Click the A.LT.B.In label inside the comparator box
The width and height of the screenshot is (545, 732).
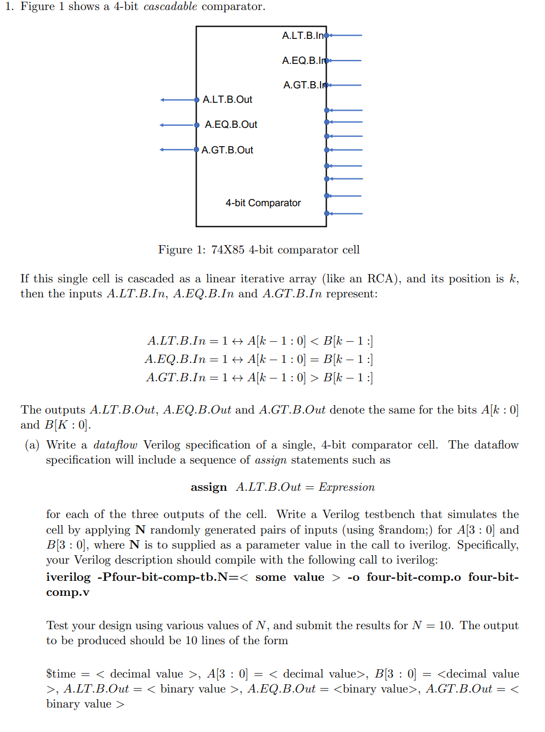[302, 36]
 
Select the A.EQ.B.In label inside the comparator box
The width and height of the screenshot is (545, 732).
[303, 61]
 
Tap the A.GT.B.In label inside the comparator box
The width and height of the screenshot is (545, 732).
[304, 85]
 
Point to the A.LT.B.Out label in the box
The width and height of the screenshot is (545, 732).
[227, 99]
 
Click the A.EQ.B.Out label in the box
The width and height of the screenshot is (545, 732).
[231, 125]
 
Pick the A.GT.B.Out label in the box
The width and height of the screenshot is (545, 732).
[227, 150]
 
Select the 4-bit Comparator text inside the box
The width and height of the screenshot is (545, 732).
[263, 203]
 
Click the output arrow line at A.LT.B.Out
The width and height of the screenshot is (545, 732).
[178, 100]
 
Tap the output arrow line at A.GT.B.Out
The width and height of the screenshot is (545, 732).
[178, 150]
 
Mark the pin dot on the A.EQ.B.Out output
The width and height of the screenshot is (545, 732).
[197, 125]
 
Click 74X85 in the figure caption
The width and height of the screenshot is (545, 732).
[228, 250]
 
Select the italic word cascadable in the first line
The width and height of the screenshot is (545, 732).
[170, 7]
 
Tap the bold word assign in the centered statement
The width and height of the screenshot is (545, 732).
[209, 487]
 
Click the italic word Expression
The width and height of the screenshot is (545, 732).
[347, 487]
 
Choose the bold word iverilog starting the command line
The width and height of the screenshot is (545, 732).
[68, 577]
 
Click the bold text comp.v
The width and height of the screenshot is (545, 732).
[67, 592]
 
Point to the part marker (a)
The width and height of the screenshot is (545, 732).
[32, 445]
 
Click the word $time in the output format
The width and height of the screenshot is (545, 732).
[61, 674]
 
